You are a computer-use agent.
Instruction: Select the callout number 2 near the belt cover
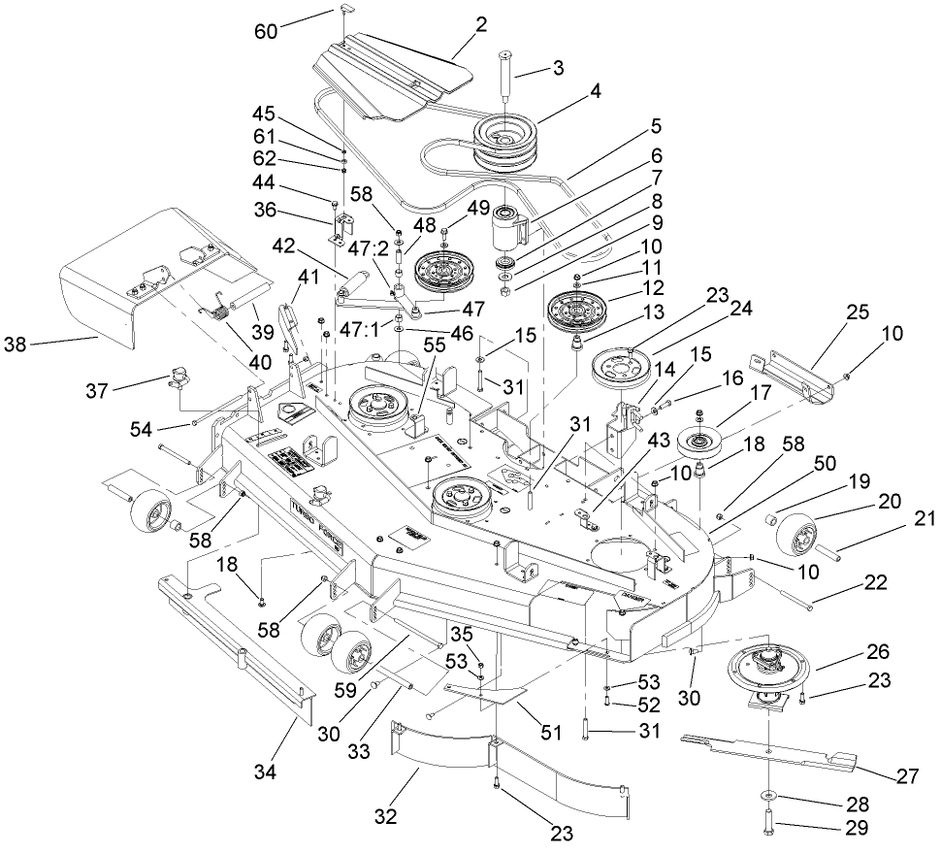480,21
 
